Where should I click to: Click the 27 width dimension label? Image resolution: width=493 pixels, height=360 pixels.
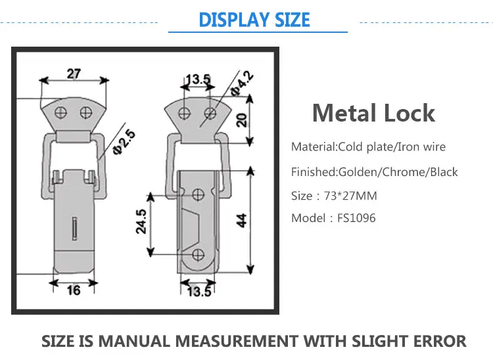(x=74, y=73)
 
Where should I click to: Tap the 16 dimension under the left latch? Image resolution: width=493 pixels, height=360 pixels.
(x=74, y=290)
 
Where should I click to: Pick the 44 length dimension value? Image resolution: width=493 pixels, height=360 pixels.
(x=242, y=221)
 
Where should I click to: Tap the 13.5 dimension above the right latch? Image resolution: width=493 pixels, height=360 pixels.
(x=197, y=80)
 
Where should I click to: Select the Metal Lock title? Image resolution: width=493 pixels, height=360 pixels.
(x=373, y=113)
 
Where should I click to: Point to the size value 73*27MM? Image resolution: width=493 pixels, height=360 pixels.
(x=352, y=196)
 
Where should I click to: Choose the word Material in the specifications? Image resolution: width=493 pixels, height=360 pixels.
(x=314, y=146)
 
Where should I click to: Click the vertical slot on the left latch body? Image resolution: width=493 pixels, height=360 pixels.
(x=74, y=231)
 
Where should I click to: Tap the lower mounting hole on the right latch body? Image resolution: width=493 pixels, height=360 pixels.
(x=199, y=253)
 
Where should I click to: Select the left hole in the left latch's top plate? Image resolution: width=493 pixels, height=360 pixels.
(x=60, y=112)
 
